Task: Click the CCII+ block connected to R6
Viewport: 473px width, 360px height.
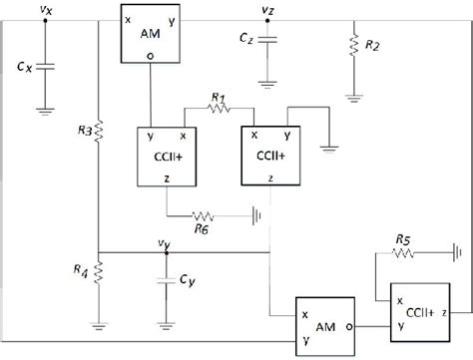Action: coord(165,157)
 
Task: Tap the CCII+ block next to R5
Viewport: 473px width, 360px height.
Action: coord(419,312)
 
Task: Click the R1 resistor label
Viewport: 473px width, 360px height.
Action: coord(221,96)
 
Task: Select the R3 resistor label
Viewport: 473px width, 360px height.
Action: coord(84,131)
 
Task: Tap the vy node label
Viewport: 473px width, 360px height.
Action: coord(164,240)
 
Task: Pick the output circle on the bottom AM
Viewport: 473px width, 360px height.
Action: coord(348,325)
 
